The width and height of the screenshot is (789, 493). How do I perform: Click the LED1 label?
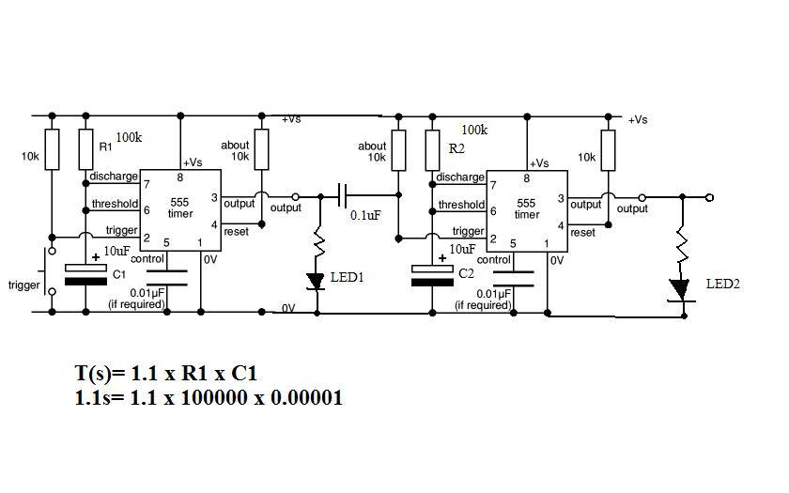coord(348,278)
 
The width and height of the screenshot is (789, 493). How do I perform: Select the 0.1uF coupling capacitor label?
coord(365,216)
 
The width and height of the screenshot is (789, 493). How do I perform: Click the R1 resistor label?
coord(105,147)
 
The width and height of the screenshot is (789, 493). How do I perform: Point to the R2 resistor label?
coord(456,149)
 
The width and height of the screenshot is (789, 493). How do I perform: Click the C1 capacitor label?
coord(118,275)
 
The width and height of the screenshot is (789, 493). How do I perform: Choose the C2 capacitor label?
coord(466,272)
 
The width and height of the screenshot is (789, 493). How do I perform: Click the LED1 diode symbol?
coord(317,280)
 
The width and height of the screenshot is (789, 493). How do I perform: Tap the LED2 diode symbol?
coord(682,288)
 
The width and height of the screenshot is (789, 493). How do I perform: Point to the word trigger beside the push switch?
coord(23,285)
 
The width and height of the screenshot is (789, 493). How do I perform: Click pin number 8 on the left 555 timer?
coord(179,177)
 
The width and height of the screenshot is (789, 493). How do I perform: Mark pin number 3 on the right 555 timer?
coord(561,199)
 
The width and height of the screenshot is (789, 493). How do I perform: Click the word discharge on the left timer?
coord(114,177)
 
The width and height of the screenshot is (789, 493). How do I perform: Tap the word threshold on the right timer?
coord(461,205)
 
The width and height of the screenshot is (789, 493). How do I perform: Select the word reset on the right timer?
coord(582,232)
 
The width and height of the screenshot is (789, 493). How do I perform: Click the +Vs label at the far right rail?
coord(638,119)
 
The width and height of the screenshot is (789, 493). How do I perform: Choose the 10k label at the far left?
coord(30,156)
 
